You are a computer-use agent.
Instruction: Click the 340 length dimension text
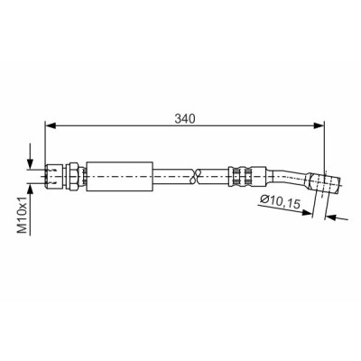coord(185,119)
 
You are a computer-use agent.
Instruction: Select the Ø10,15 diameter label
coord(281,202)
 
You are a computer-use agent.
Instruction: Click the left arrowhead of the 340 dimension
coord(51,125)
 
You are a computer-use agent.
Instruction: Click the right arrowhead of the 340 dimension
coord(319,125)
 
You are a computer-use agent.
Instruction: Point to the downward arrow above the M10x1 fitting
coord(31,156)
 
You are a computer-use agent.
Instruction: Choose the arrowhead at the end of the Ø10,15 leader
coord(306,212)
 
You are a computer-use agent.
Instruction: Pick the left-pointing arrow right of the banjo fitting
coord(337,218)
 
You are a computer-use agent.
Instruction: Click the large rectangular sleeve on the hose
coord(120,177)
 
